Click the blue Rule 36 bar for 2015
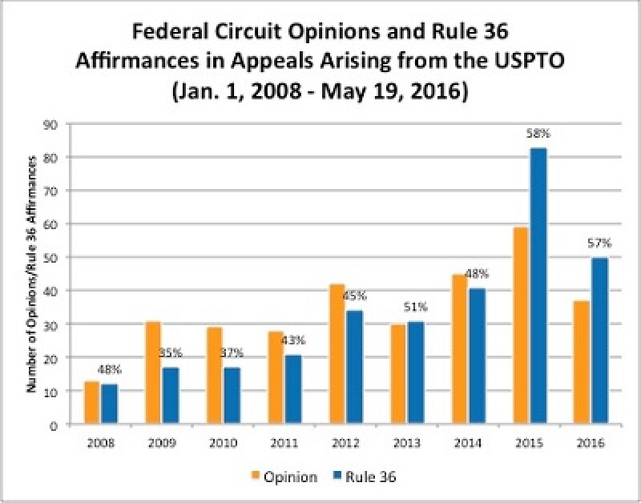[538, 287]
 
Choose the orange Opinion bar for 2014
[460, 350]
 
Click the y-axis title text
[32, 275]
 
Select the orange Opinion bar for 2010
[215, 376]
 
